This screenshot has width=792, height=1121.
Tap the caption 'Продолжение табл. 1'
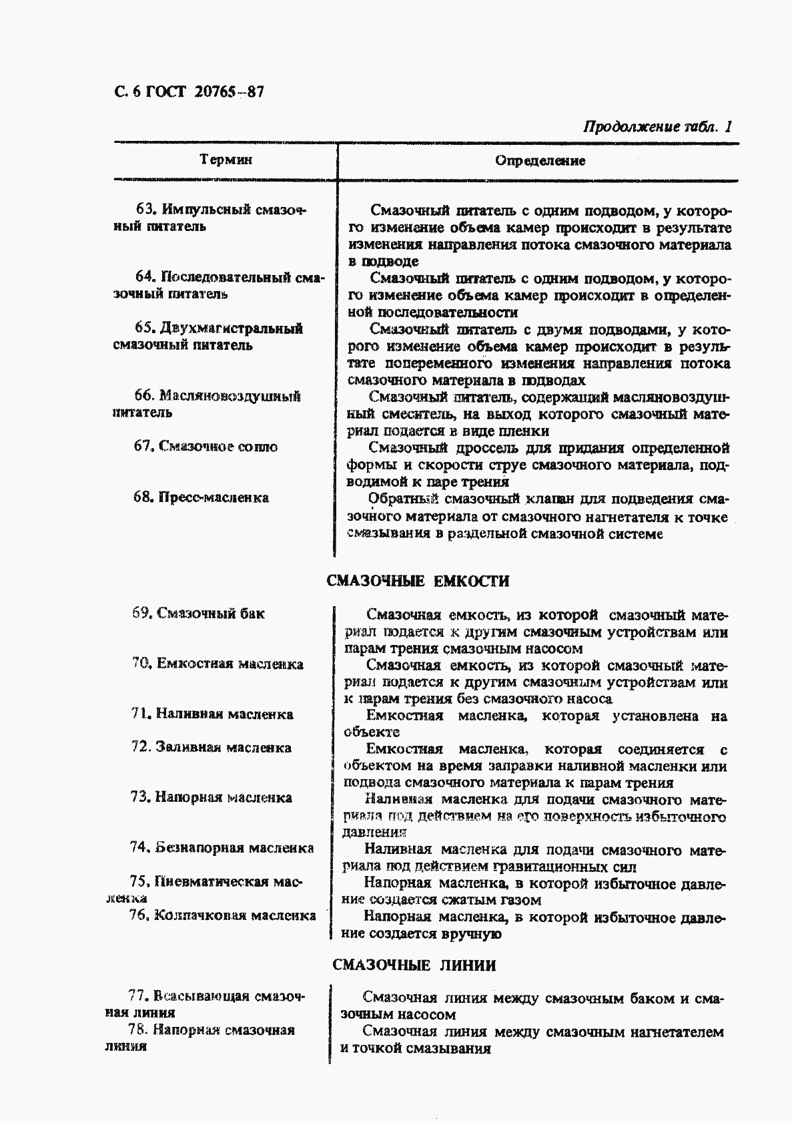coord(657,127)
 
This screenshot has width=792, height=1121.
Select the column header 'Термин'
coord(226,160)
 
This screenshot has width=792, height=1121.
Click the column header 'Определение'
coord(540,161)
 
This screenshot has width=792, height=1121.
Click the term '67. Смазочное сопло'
coord(206,447)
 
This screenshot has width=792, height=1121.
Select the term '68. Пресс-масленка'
coord(201,497)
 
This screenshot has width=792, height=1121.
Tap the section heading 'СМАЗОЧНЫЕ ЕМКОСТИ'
coord(418,581)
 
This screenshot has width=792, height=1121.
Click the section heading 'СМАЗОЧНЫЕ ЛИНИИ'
coord(414,965)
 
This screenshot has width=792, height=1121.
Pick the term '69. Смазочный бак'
coord(198,614)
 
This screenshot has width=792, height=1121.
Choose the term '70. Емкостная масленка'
coord(218,664)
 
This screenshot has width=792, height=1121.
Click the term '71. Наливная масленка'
coord(212,714)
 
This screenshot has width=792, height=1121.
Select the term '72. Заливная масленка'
coord(211,748)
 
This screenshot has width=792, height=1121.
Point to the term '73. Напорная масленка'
coord(211,798)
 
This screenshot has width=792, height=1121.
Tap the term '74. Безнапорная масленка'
coord(222,848)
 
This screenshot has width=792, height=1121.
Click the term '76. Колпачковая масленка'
coord(222,915)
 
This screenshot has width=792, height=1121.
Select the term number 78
coord(137,1030)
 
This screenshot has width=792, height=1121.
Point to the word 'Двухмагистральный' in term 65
coord(231,328)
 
